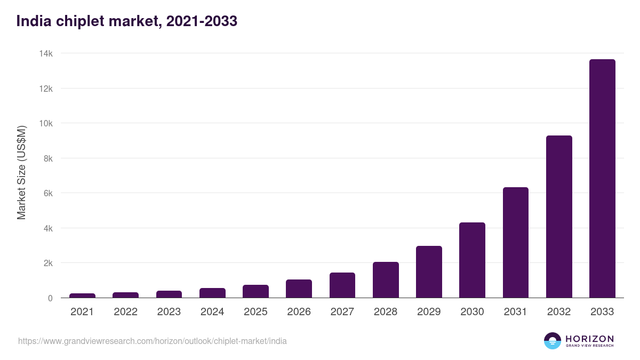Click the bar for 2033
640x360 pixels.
[x=602, y=179]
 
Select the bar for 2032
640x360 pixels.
[x=559, y=217]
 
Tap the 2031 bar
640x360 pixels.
[x=515, y=243]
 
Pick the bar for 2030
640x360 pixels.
[x=472, y=260]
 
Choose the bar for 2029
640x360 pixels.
[x=429, y=272]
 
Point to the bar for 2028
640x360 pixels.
[x=386, y=280]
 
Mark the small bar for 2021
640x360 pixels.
[x=82, y=295]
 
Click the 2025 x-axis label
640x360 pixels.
[x=255, y=312]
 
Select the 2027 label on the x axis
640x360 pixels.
[x=342, y=312]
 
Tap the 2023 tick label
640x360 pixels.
[x=169, y=312]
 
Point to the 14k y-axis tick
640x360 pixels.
[x=45, y=53]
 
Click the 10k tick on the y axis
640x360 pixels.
[x=45, y=123]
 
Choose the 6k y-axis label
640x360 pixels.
[x=47, y=193]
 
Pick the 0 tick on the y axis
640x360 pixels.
[x=50, y=298]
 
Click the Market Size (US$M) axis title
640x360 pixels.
[x=21, y=172]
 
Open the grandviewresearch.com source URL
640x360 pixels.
[x=152, y=341]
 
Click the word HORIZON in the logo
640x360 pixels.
[x=589, y=338]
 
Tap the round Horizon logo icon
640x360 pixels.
[x=552, y=341]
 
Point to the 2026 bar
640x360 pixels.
[x=299, y=289]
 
